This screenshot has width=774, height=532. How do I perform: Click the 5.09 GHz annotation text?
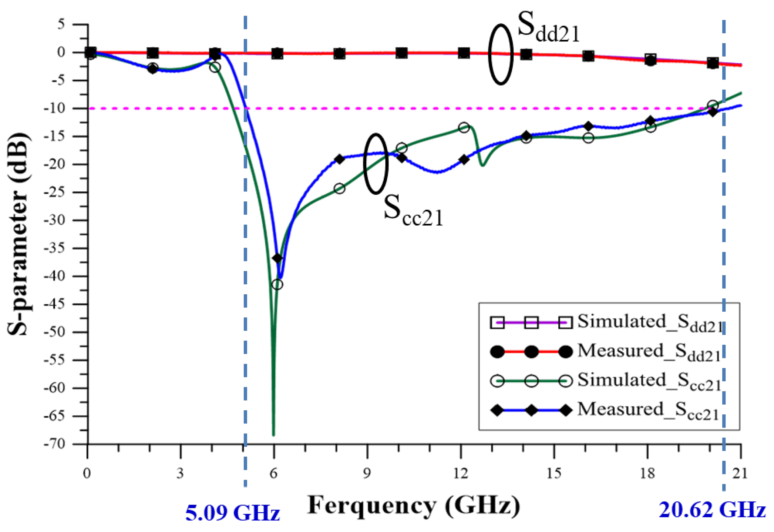[x=232, y=513]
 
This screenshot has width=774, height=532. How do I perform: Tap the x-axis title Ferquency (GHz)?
[x=414, y=506]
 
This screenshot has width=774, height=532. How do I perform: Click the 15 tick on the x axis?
[x=554, y=473]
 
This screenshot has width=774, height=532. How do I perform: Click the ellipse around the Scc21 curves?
[x=376, y=163]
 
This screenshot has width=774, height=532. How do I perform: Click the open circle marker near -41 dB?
[x=277, y=284]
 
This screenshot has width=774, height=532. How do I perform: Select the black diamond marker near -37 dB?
[x=277, y=258]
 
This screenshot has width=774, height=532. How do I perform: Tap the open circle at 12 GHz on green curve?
[x=464, y=128]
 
